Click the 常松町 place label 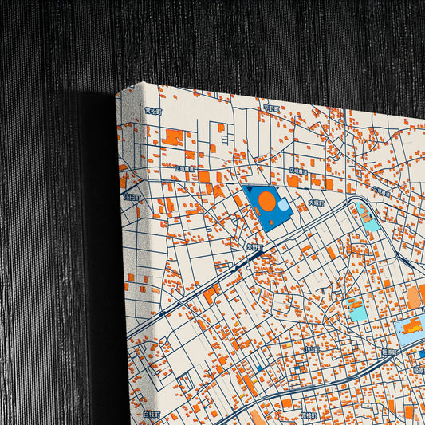(152, 112)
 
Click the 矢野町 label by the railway (252, 248)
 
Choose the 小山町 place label (311, 349)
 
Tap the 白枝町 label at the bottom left (152, 415)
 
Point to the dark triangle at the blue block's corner (248, 191)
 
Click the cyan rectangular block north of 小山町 (356, 309)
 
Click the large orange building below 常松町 (172, 136)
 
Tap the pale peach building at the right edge (414, 298)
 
